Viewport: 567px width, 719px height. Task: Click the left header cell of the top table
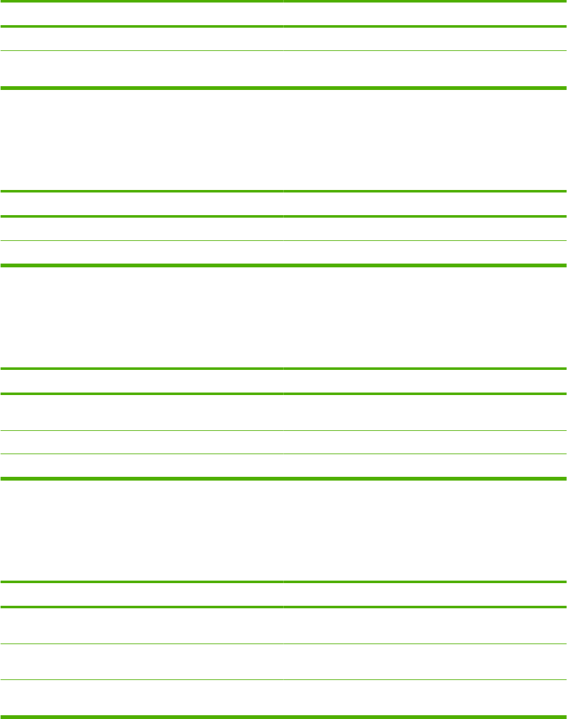(x=142, y=14)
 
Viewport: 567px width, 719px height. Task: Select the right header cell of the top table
(x=425, y=14)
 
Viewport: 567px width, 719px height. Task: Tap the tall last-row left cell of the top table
(x=142, y=69)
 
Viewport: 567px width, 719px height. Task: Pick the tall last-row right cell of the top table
(x=425, y=69)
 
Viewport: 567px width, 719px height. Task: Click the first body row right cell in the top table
(x=425, y=39)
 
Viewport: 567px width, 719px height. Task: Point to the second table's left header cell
(x=142, y=204)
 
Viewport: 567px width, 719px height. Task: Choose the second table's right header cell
(x=425, y=204)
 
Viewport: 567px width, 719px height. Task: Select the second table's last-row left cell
(x=142, y=253)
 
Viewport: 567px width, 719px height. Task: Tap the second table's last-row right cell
(x=425, y=253)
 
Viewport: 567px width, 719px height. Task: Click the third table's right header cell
(x=425, y=381)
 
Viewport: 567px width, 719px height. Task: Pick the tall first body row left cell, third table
(x=142, y=412)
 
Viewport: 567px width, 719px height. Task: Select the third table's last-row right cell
(x=425, y=466)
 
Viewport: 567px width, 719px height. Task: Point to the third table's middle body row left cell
(x=142, y=442)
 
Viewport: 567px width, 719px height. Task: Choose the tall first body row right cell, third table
(x=425, y=412)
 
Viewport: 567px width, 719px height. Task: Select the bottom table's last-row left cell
(x=142, y=698)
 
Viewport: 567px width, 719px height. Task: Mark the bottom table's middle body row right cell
(x=425, y=661)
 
